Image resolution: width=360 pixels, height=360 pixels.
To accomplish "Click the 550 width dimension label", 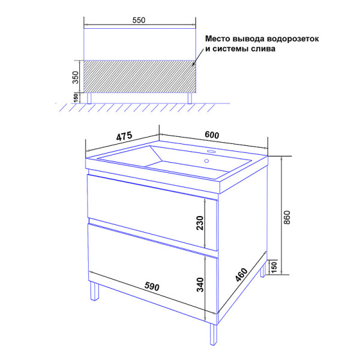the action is tap(139, 20).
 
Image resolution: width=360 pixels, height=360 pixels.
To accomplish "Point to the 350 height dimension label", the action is tap(76, 77).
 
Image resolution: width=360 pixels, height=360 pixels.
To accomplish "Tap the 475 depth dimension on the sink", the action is tap(124, 136).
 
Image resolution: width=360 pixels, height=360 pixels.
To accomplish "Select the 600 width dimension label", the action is tap(212, 135).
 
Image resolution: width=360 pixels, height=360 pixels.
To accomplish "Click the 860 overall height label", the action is tap(287, 217).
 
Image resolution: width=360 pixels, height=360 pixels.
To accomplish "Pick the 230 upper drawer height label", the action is tap(200, 223).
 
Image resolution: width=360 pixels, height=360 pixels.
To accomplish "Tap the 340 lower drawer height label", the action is tap(200, 284).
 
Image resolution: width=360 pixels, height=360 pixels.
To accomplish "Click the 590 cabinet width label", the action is tap(152, 286).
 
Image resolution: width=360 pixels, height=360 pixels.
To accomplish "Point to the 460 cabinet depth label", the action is tap(241, 274).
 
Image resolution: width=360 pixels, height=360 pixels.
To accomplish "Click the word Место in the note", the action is tap(218, 38).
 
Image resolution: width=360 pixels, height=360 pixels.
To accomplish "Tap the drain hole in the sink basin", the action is tap(206, 161).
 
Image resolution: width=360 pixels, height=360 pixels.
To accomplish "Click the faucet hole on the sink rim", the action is tap(211, 151).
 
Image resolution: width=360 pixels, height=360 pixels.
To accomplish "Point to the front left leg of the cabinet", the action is tap(94, 291).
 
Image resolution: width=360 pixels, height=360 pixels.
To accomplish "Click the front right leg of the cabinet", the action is tap(213, 334).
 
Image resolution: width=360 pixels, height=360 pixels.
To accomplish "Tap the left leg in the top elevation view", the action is tap(89, 98).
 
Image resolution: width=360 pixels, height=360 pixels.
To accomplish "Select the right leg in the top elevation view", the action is tap(190, 98).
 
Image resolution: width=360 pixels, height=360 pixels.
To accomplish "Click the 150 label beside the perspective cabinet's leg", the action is tap(274, 266).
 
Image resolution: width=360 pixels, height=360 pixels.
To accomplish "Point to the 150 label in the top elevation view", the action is tap(76, 98).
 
